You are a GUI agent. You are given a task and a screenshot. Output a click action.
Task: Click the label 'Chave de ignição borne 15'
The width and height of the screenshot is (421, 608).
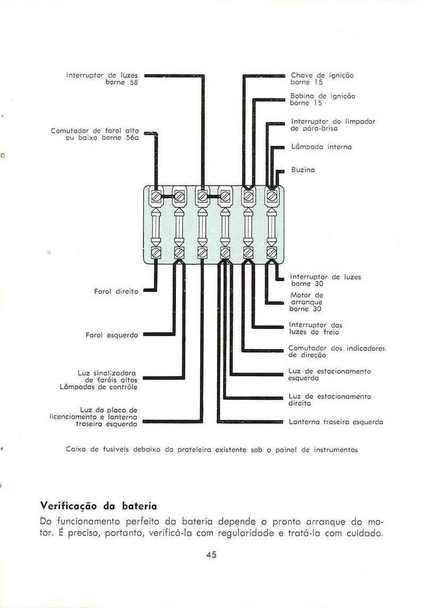point(322,79)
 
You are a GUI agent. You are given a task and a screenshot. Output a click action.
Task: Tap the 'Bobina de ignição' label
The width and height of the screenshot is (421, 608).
point(322,99)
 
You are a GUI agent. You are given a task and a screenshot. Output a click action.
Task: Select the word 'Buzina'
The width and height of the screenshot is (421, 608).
point(303,170)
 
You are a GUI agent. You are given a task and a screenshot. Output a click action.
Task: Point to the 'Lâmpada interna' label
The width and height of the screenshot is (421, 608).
point(321,146)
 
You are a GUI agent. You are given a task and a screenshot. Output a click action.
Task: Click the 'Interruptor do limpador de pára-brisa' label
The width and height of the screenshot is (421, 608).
point(333,125)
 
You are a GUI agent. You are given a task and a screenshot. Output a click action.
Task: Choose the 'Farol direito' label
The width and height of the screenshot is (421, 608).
point(115,291)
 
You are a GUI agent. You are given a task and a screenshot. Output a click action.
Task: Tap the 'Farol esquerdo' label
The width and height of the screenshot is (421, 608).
point(112,335)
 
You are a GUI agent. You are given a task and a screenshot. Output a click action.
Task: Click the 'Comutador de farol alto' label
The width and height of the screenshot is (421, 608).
point(95,134)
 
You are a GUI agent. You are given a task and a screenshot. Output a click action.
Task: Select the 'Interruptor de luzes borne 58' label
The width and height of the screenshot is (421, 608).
point(102,79)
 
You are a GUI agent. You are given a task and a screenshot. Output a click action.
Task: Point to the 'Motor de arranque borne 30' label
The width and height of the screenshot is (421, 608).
point(306,302)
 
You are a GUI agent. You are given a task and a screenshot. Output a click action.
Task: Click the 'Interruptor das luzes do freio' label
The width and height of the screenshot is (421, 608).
point(316,328)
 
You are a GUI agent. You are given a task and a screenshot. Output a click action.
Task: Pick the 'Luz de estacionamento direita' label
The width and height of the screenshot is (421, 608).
point(330,400)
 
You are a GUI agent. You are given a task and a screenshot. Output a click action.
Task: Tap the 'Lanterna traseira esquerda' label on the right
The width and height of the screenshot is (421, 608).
point(335,422)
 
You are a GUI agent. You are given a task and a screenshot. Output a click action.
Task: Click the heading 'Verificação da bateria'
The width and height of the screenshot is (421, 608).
point(98,503)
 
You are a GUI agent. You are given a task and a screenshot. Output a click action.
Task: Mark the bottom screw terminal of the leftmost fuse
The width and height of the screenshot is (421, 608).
point(156,252)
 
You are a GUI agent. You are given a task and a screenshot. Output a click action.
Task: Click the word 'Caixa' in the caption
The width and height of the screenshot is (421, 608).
point(76,450)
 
